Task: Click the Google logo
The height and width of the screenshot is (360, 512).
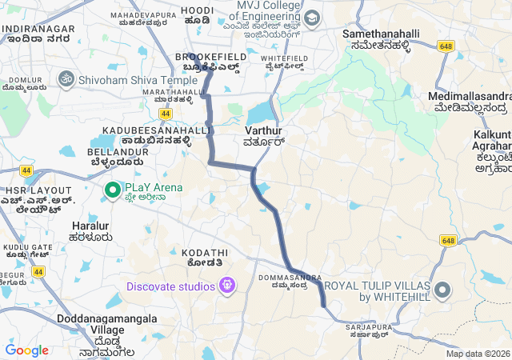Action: click(27, 350)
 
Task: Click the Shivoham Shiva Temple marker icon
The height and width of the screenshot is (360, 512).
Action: click(66, 80)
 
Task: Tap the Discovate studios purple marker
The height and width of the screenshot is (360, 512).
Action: click(228, 285)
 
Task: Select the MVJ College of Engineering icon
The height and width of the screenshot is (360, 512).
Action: click(311, 18)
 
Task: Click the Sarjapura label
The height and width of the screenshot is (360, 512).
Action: click(366, 330)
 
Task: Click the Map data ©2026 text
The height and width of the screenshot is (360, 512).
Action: click(478, 354)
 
